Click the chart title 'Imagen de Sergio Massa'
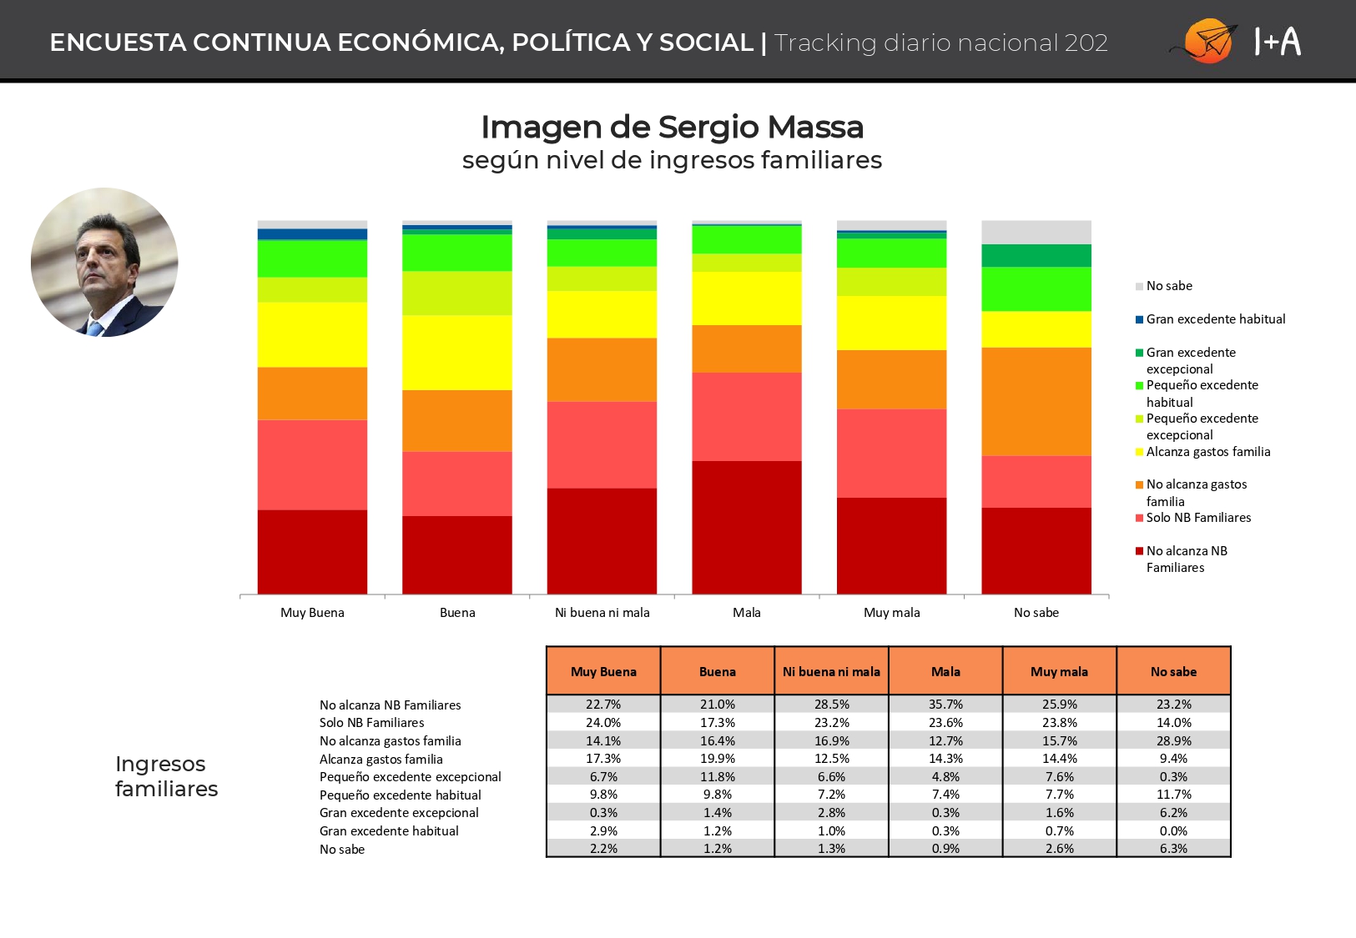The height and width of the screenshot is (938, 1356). (x=672, y=127)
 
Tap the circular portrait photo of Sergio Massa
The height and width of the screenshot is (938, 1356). (x=105, y=262)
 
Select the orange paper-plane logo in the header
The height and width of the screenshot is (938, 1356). (x=1206, y=41)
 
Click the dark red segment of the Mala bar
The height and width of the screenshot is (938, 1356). (x=746, y=527)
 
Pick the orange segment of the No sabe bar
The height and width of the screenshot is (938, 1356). (x=1036, y=402)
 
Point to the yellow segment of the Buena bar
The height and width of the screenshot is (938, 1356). (x=457, y=353)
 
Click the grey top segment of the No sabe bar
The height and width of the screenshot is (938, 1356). (x=1036, y=233)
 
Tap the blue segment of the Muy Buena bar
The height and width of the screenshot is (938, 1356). (x=312, y=234)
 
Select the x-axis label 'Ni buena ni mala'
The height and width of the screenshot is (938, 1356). (x=602, y=613)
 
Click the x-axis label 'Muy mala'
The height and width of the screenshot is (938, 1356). (x=891, y=613)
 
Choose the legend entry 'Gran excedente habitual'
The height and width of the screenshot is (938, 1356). (x=1210, y=319)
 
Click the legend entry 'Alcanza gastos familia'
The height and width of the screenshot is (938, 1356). (x=1202, y=452)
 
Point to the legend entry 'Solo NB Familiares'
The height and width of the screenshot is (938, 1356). (x=1193, y=518)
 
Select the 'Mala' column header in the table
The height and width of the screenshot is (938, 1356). (x=945, y=671)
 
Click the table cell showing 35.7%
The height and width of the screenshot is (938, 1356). (x=945, y=704)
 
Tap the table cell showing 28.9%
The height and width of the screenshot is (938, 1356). (x=1173, y=740)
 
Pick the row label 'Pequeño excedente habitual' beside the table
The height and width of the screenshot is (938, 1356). (x=401, y=795)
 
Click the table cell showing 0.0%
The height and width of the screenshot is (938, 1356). (x=1173, y=830)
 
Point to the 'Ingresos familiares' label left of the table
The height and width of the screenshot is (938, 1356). (x=166, y=776)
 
